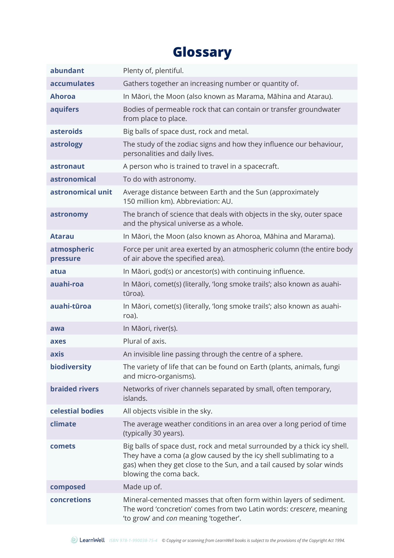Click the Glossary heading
[202, 52]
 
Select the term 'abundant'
[67, 71]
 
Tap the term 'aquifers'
[64, 110]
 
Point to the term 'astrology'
[66, 144]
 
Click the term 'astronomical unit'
[81, 192]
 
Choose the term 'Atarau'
[62, 237]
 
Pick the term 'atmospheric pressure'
[72, 254]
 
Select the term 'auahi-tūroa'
[71, 306]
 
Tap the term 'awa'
[57, 328]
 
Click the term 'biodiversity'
[71, 367]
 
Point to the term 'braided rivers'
[74, 389]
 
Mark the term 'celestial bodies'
[77, 411]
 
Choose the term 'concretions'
[70, 500]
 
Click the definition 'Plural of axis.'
[145, 341]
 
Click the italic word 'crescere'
[303, 509]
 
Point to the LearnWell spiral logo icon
[74, 540]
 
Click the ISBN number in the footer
[133, 541]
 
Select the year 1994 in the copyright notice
[340, 541]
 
